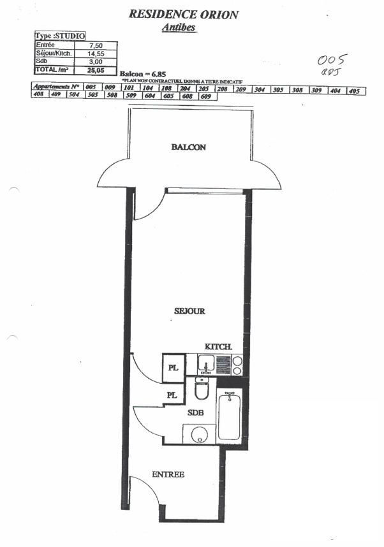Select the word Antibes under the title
coord(179,27)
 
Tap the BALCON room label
coord(188,147)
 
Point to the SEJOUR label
coord(189,311)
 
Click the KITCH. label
coord(218,346)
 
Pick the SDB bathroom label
coord(195,412)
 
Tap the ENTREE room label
coord(168,474)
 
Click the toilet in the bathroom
coord(202,389)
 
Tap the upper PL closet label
coord(173,368)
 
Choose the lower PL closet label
coord(171,395)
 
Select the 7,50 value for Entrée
coord(96,45)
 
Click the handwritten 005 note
coord(332,60)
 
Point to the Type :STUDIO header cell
coord(59,37)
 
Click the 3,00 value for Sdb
coord(96,61)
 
